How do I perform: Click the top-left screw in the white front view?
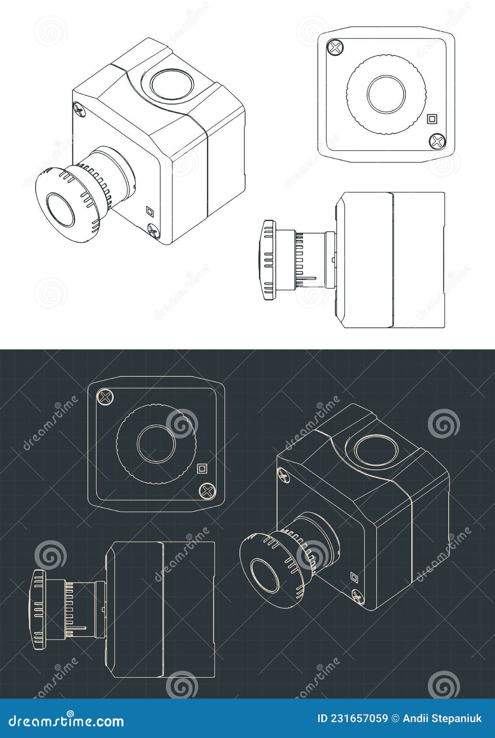pos(335,48)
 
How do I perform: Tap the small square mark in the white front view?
pos(432,119)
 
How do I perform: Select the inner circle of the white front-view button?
pos(386,94)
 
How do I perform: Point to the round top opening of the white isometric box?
pos(172,83)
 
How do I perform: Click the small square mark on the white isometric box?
pos(150,211)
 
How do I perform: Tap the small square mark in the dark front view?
pos(202,469)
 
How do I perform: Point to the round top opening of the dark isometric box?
pos(376,450)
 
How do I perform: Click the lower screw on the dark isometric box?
pos(357,596)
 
